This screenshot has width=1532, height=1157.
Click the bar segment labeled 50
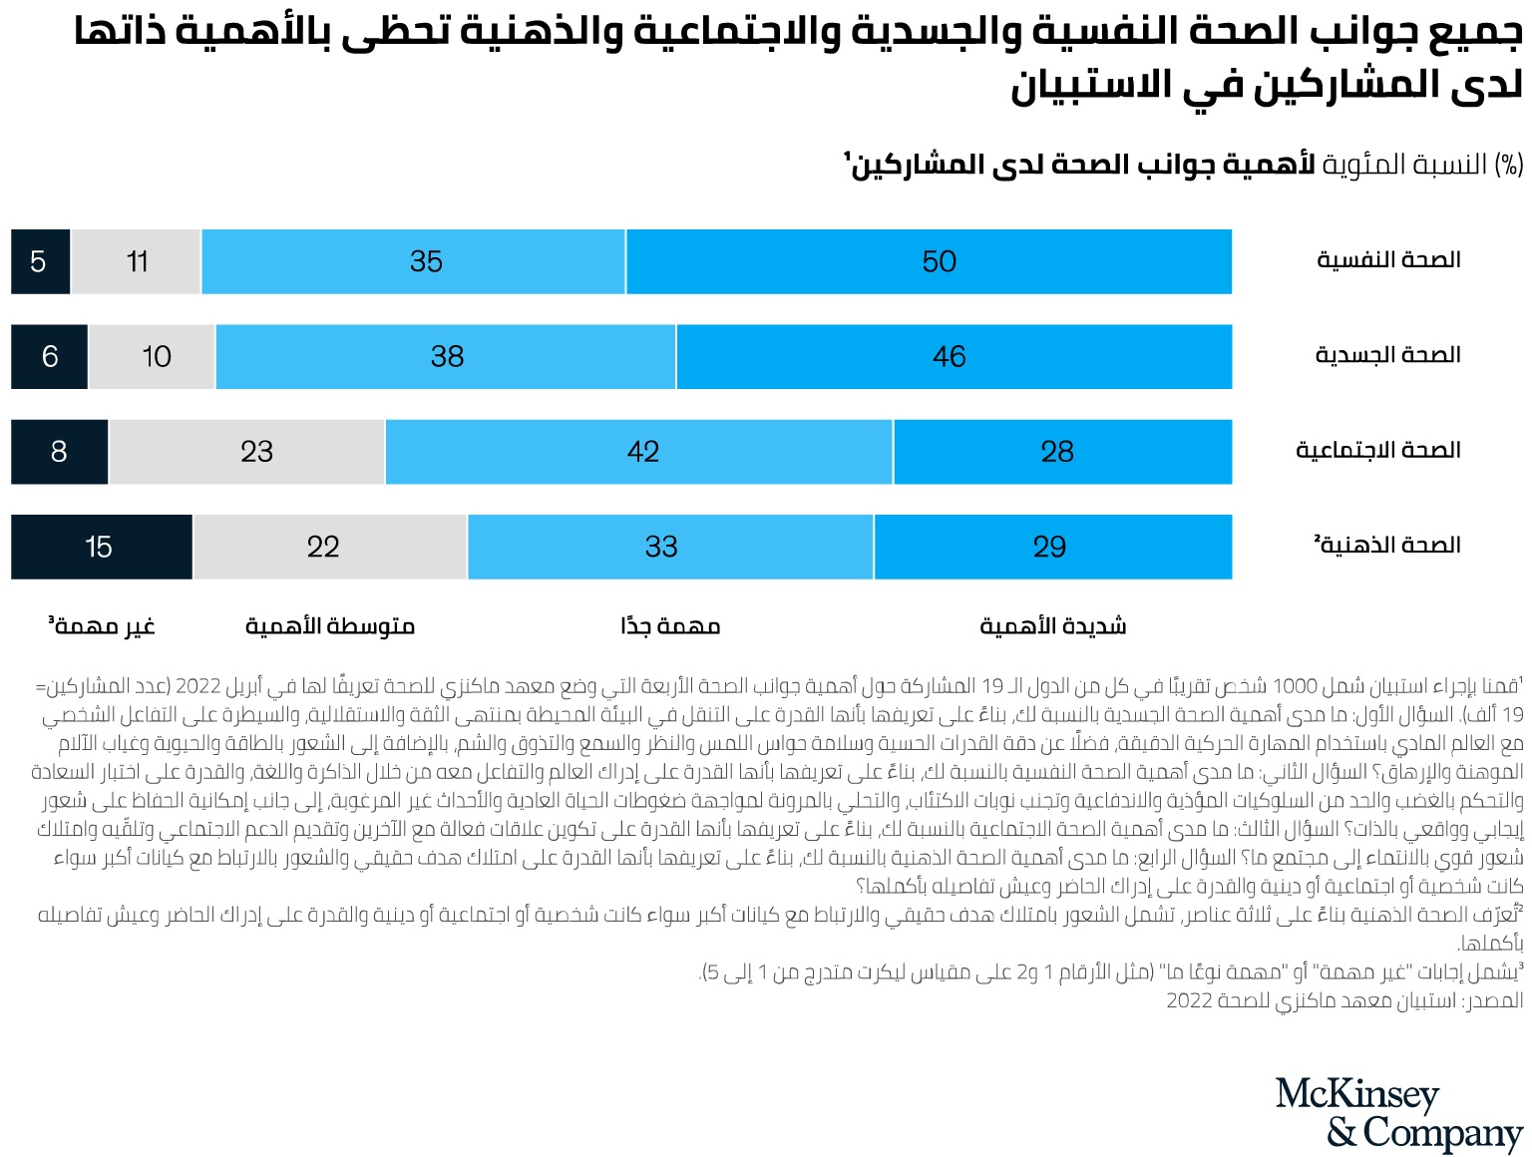click(x=929, y=262)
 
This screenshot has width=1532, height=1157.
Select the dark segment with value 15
click(x=101, y=547)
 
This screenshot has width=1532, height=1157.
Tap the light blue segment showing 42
click(x=638, y=452)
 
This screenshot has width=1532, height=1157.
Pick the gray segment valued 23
click(x=246, y=452)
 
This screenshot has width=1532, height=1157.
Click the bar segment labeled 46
click(x=954, y=357)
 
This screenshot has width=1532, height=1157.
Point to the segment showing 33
click(x=670, y=547)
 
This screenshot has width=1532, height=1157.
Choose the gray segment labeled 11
click(x=136, y=262)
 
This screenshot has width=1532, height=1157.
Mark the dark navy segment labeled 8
click(x=59, y=452)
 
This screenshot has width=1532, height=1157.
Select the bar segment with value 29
click(x=1052, y=547)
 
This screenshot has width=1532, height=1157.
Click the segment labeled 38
click(x=445, y=357)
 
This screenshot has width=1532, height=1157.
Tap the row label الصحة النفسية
click(x=1388, y=260)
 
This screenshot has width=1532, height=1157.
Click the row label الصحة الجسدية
click(x=1387, y=355)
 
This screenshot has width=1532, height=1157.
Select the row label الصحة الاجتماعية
click(x=1377, y=450)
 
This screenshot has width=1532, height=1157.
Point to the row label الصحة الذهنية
click(x=1387, y=545)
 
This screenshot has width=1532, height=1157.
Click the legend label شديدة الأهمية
click(x=1052, y=626)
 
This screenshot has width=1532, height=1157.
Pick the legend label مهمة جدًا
click(x=670, y=626)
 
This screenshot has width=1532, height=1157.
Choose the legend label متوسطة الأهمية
click(x=330, y=626)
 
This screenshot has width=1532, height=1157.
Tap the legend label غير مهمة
click(x=102, y=626)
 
